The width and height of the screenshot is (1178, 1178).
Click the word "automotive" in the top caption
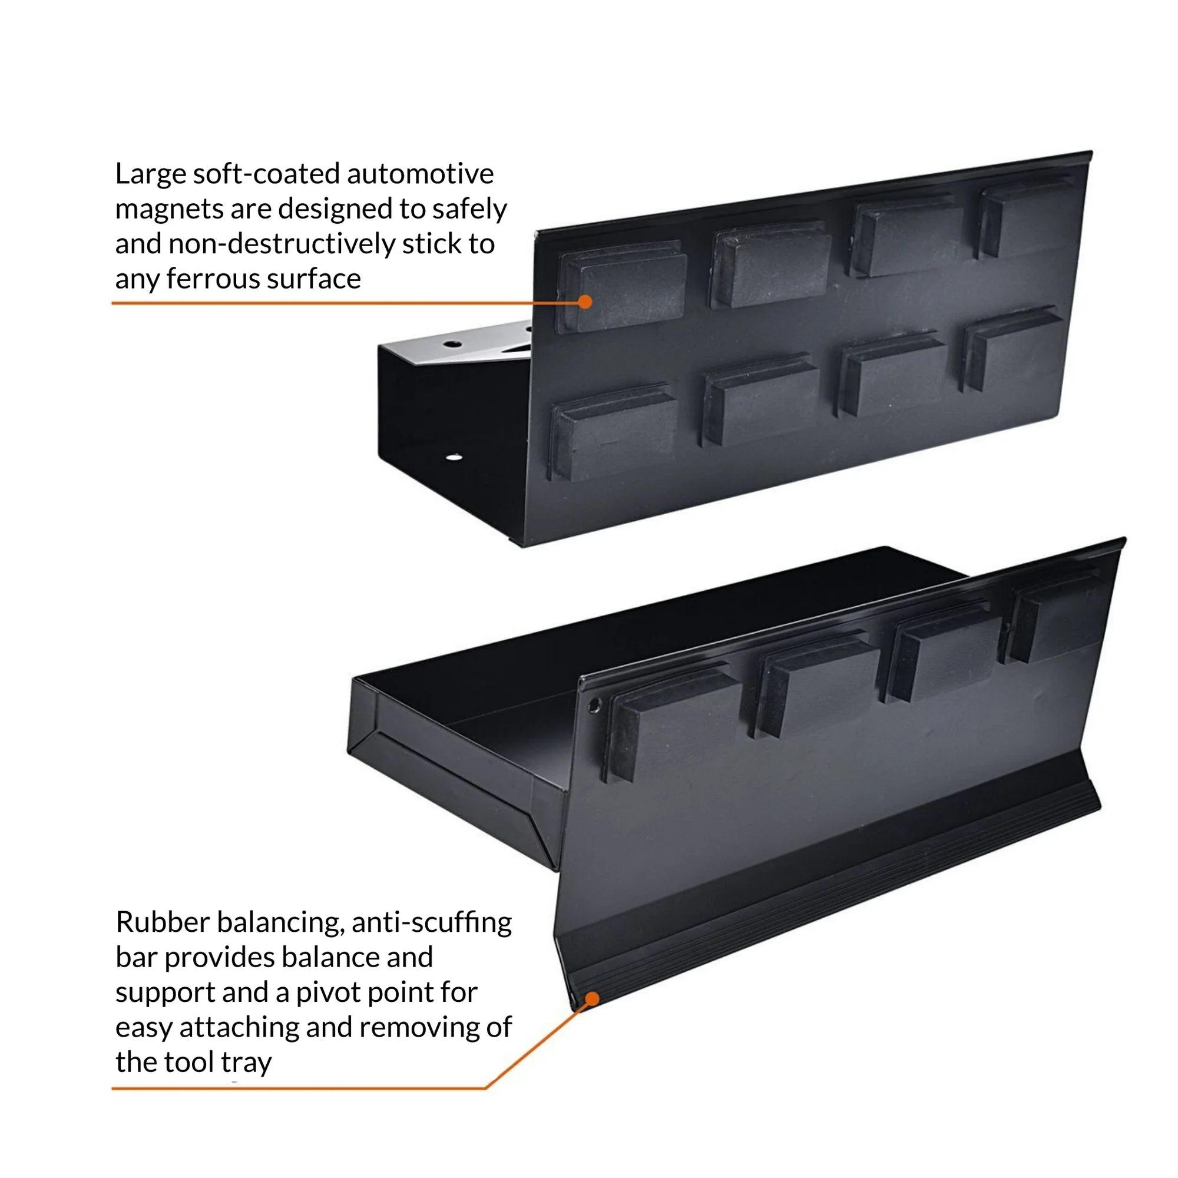421,174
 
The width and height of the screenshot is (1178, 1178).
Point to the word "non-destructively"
282,244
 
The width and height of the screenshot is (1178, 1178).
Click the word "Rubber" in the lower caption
163,922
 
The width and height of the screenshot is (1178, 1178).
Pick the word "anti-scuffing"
432,922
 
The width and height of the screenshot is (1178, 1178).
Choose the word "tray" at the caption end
246,1063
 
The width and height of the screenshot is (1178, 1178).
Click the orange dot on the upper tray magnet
585,302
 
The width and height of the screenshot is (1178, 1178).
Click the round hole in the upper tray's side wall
453,456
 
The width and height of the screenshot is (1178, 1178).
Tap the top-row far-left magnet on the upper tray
622,287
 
